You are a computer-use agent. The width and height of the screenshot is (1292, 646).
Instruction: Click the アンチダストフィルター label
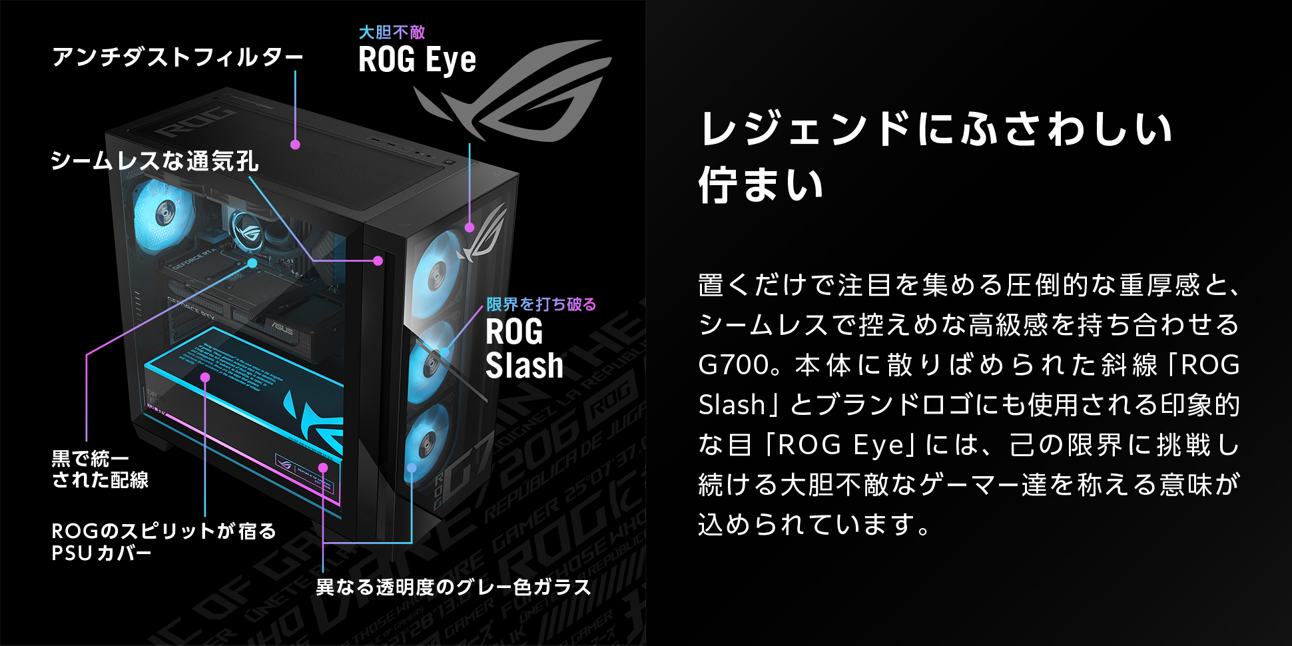(x=177, y=57)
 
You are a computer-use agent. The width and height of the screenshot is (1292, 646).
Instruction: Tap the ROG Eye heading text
(x=417, y=60)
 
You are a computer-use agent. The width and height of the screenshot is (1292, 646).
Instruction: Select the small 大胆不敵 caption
(x=392, y=32)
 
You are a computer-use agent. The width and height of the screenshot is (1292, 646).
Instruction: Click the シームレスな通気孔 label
(x=155, y=161)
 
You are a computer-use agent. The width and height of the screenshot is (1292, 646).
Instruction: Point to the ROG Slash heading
(x=524, y=348)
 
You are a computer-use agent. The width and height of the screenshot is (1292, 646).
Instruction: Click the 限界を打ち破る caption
(x=541, y=304)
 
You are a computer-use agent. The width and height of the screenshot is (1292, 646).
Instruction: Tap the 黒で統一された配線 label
(x=100, y=469)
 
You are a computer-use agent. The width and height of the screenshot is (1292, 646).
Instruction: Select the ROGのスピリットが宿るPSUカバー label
(x=163, y=541)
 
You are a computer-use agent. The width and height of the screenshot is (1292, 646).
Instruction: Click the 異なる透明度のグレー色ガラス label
(x=453, y=587)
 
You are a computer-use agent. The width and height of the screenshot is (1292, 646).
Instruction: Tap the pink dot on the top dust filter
(x=295, y=145)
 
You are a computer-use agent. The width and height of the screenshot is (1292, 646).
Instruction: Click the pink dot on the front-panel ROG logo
(x=470, y=228)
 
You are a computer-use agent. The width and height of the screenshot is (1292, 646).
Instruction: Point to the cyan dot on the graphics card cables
(x=252, y=263)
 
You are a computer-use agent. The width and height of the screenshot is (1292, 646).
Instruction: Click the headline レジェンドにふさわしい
(x=936, y=129)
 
